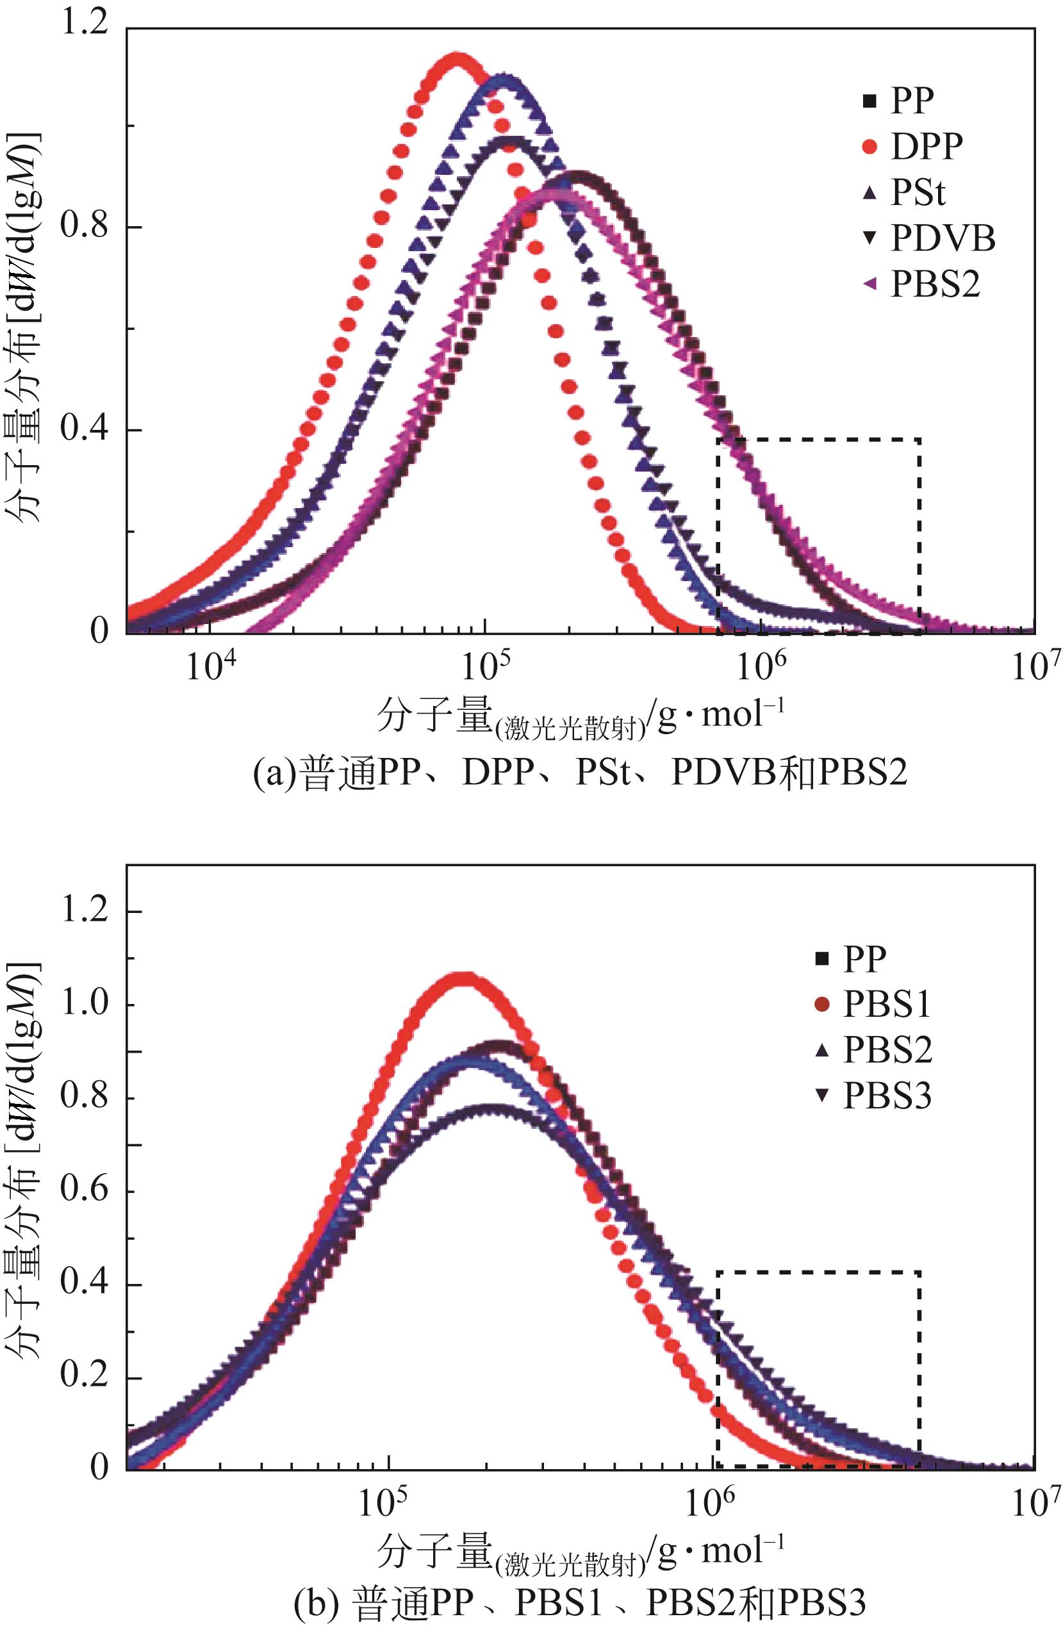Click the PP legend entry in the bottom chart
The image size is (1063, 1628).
coord(852,958)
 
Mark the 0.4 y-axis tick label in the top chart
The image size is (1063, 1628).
coord(85,429)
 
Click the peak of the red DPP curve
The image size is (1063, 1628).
coord(456,57)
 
